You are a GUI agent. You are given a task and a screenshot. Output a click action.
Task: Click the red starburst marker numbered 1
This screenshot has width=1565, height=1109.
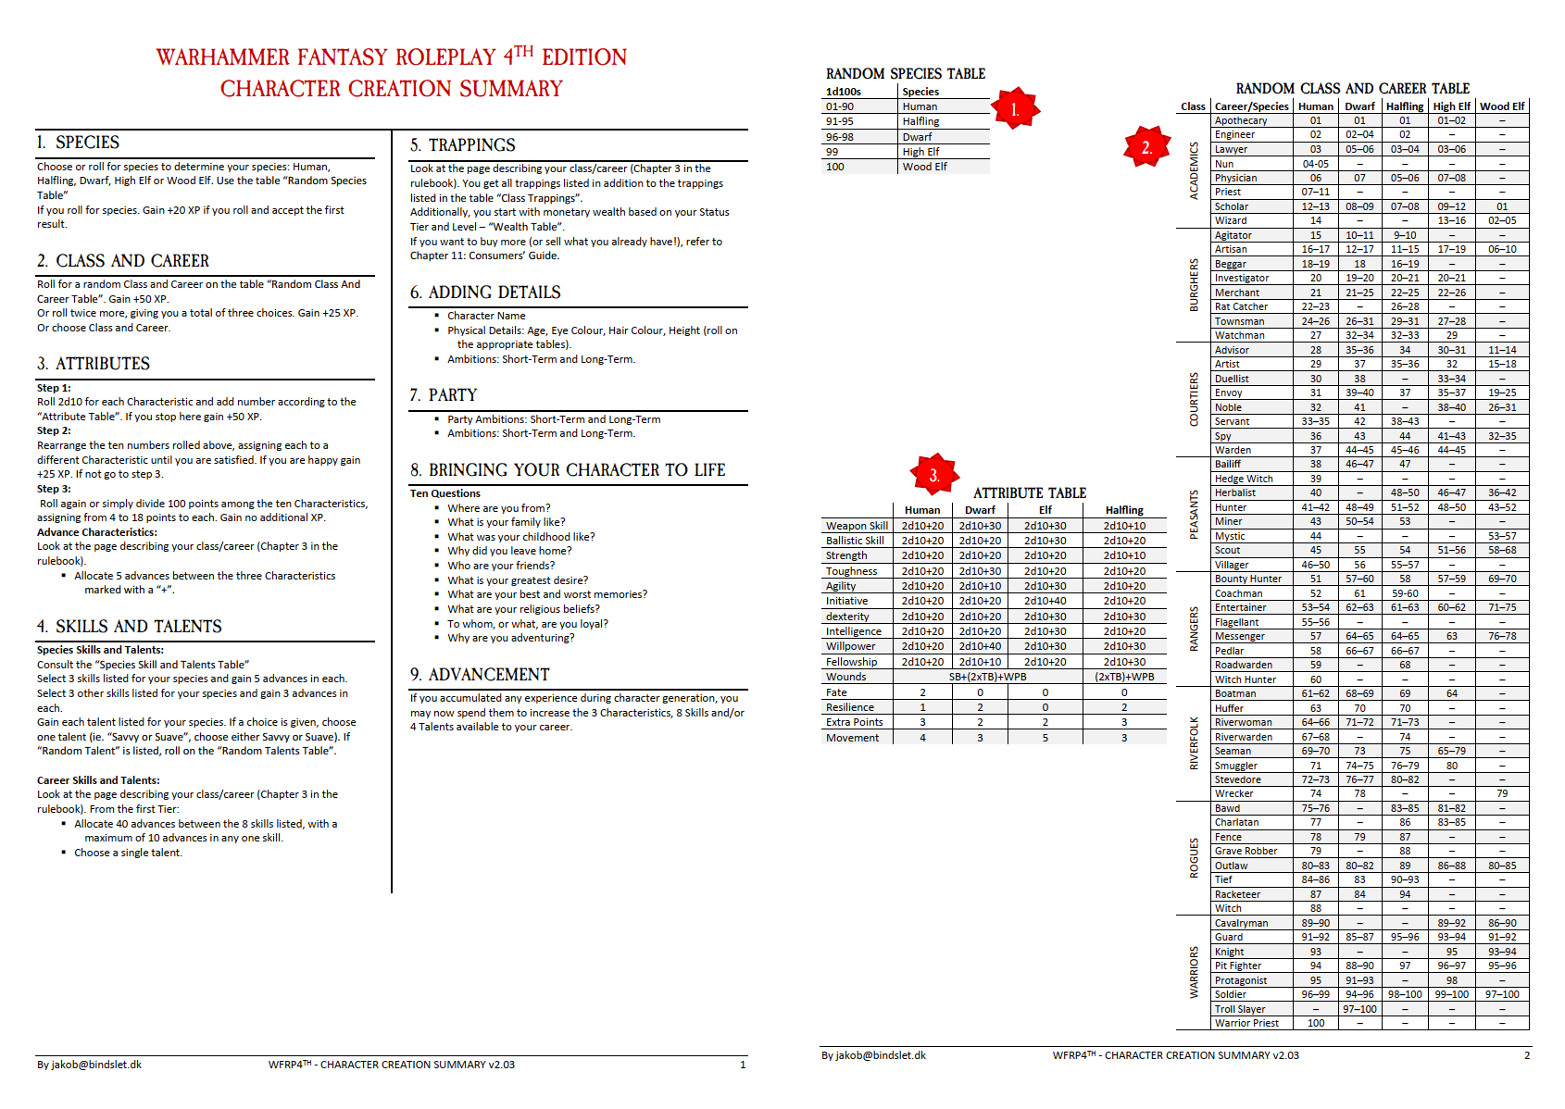[x=1015, y=109]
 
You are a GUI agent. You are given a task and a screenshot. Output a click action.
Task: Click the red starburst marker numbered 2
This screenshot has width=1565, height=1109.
[x=1146, y=147]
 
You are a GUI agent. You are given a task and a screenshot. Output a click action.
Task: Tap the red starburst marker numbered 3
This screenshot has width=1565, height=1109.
[x=934, y=475]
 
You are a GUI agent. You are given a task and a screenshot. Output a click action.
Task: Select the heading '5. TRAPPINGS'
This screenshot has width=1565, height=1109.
[x=462, y=145]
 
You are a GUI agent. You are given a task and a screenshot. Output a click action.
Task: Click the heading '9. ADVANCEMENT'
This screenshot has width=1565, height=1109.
[x=480, y=675]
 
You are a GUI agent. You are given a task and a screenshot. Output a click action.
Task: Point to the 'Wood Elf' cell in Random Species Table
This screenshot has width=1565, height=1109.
[x=924, y=167]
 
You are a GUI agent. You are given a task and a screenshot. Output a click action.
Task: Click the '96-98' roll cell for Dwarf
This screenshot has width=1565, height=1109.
[x=839, y=137]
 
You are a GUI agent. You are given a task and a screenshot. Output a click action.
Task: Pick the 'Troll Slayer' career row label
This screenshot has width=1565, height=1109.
[x=1240, y=1009]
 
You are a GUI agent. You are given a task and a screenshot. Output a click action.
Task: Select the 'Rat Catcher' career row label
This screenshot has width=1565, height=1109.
[x=1241, y=306]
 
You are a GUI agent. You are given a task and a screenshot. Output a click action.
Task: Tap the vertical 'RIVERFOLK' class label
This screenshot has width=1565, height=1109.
[x=1194, y=742]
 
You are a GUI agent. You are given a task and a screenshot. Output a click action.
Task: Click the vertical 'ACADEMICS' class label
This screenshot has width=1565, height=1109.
[x=1194, y=170]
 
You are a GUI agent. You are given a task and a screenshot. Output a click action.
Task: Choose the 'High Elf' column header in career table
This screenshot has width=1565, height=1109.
[x=1451, y=106]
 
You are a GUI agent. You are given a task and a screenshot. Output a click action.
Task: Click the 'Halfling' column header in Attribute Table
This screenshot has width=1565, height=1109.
[x=1124, y=510]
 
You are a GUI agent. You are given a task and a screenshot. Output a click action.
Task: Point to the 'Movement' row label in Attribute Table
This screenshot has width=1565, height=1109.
[x=852, y=738]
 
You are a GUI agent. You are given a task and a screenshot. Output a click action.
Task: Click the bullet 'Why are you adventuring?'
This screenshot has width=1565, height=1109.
[x=510, y=638]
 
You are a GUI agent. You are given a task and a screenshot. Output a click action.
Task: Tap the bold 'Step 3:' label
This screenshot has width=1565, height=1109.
[x=54, y=489]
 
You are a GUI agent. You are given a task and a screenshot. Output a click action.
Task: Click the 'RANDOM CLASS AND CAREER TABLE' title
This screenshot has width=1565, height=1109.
[x=1352, y=89]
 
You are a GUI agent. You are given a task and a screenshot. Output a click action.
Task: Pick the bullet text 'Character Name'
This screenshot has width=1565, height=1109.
[x=486, y=316]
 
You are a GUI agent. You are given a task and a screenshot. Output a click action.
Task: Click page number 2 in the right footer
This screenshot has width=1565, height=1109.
[x=1527, y=1055]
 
